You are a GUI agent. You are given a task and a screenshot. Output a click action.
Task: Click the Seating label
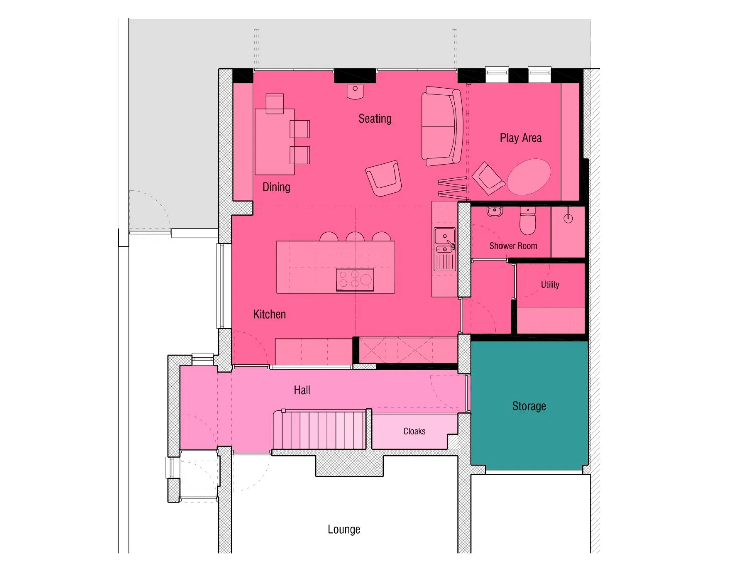pos(374,119)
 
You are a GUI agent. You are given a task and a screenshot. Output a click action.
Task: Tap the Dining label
pos(276,187)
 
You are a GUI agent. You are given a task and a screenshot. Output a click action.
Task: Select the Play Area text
pos(521,138)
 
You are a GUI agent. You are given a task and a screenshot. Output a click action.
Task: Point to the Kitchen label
pos(269,314)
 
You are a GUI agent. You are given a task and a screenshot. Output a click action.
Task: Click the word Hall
pos(302,390)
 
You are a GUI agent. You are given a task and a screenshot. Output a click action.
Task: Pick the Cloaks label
pos(414,431)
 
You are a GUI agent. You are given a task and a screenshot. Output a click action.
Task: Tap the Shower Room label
pos(513,246)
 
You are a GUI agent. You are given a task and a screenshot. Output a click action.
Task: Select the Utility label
pos(550,284)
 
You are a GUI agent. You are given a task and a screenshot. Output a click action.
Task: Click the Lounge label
pos(344,529)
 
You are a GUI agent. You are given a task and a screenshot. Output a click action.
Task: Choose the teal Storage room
pos(529,405)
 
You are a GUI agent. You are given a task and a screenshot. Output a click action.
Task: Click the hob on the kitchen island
pos(355,279)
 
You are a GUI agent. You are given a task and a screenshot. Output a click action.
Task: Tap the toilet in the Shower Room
pos(527,220)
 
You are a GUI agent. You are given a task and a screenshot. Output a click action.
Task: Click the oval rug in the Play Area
pos(529,177)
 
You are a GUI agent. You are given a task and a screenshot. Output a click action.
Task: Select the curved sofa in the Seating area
pos(442,126)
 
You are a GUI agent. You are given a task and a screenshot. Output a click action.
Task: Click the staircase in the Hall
pos(319,430)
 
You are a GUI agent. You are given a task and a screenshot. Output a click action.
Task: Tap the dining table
pos(275,142)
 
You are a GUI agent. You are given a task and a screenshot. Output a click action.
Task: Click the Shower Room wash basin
pos(494,211)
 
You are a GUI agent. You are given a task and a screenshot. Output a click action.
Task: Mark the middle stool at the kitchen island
pos(355,237)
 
